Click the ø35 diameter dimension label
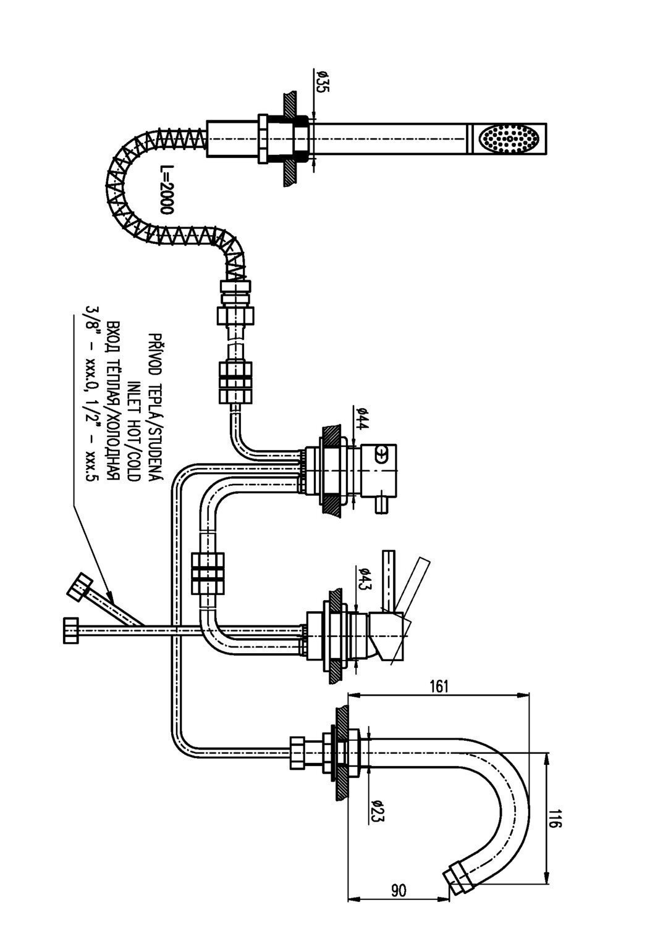pyautogui.click(x=321, y=81)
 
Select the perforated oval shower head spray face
pyautogui.click(x=510, y=139)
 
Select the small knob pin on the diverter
pyautogui.click(x=381, y=505)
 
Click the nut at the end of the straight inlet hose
pyautogui.click(x=71, y=631)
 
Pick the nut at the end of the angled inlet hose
pyautogui.click(x=80, y=586)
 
